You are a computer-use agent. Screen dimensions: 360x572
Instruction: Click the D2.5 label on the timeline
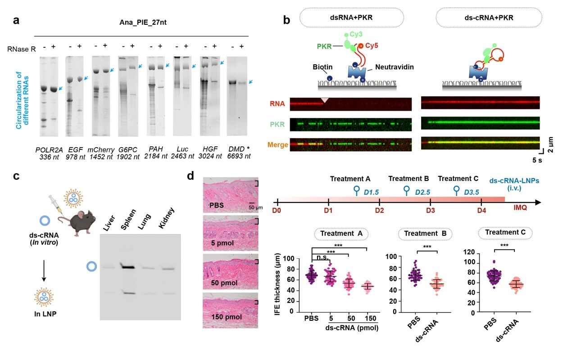click(x=422, y=192)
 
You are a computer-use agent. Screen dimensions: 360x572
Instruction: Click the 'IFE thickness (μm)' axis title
click(x=278, y=285)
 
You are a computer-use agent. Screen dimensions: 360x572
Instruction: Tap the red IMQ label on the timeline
click(x=521, y=208)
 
